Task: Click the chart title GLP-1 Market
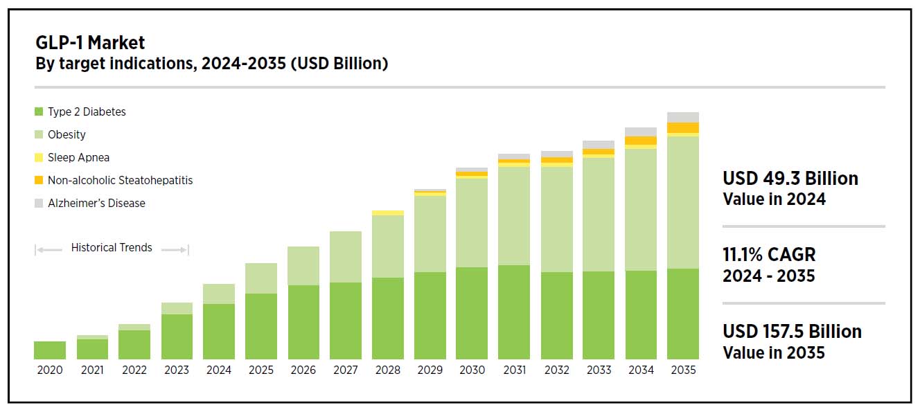[x=90, y=43]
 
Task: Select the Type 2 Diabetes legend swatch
[x=39, y=111]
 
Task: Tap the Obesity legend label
[x=67, y=134]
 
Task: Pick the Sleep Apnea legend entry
[x=78, y=157]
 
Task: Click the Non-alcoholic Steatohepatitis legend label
[x=120, y=180]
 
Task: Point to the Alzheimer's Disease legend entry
[x=96, y=203]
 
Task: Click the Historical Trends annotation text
[x=112, y=248]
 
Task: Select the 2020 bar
[x=50, y=350]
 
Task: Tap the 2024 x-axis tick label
[x=219, y=370]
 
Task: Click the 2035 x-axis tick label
[x=683, y=370]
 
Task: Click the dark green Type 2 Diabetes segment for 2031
[x=514, y=312]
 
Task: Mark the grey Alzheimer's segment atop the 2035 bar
[x=683, y=117]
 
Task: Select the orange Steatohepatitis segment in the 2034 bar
[x=641, y=141]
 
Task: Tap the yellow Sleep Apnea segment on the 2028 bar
[x=388, y=213]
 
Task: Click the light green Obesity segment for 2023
[x=177, y=308]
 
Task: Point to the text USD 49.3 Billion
[x=790, y=179]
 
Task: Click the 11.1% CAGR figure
[x=769, y=255]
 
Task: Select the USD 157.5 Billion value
[x=792, y=332]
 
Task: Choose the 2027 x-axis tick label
[x=346, y=370]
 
